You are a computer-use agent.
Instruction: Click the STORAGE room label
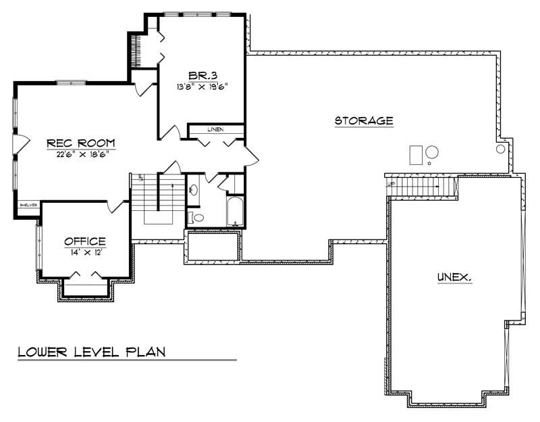(x=364, y=121)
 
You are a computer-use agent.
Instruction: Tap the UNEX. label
(x=454, y=277)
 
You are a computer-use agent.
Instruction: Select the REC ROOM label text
(x=81, y=143)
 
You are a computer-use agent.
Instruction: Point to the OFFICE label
(x=85, y=241)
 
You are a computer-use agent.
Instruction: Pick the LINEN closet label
(x=215, y=129)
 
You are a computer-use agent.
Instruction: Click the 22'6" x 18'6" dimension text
(x=81, y=154)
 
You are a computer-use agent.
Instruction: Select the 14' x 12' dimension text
(x=85, y=252)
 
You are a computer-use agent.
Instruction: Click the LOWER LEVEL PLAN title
(x=92, y=352)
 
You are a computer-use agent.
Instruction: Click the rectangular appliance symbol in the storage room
(x=416, y=155)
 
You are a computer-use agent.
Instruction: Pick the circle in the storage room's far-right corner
(x=501, y=148)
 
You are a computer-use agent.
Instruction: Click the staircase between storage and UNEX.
(x=421, y=185)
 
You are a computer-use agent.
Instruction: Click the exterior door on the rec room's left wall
(x=21, y=143)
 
